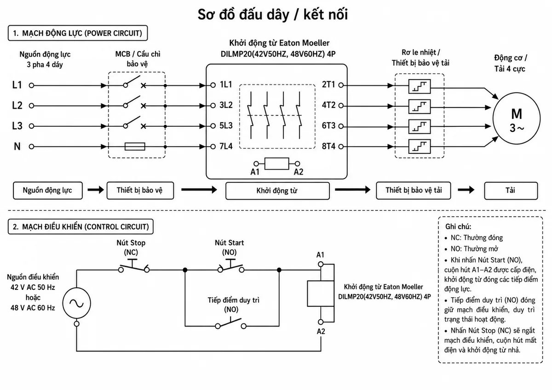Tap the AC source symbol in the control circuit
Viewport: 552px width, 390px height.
[77, 303]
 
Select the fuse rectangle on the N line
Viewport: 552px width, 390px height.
[135, 147]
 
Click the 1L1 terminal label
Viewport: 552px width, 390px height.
[226, 85]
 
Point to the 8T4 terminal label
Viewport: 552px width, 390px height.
[328, 146]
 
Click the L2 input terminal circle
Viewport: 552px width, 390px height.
[31, 106]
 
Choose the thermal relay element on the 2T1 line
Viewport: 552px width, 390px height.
[420, 86]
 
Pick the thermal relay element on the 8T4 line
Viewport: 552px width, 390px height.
[420, 147]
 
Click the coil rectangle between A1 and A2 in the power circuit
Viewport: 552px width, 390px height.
[277, 164]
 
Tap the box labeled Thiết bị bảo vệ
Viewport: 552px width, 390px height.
[140, 191]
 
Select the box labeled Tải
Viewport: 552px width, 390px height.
[511, 191]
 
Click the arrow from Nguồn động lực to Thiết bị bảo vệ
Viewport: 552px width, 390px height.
[96, 190]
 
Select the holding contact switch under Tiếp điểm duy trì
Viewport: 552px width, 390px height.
[230, 323]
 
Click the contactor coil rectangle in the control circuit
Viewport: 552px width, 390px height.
[321, 293]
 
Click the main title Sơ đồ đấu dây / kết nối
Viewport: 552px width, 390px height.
[273, 15]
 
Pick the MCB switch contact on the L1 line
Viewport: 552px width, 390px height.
[132, 82]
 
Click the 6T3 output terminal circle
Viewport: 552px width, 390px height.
[341, 126]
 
